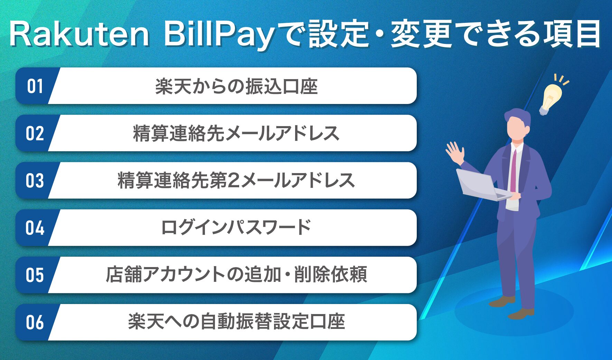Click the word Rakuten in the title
79,35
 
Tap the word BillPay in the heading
218,35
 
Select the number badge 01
35,86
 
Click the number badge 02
35,133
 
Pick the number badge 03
35,181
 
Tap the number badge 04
35,228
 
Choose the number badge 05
35,275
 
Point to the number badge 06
35,322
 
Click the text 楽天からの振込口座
236,86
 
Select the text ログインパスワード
236,228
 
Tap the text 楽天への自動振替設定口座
236,322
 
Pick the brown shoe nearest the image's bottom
521,314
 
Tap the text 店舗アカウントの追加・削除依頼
236,275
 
